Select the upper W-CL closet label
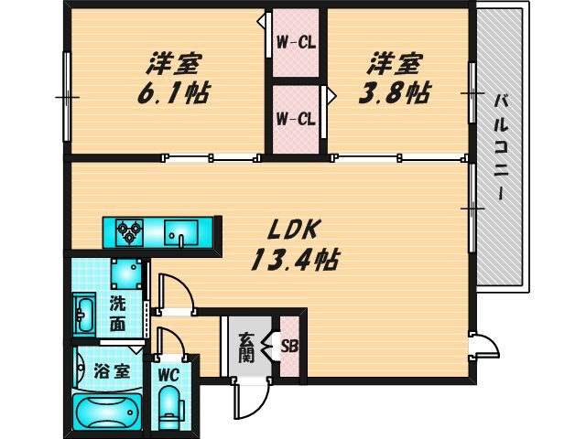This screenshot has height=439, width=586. tap(295, 42)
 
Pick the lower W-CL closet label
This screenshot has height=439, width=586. tap(295, 118)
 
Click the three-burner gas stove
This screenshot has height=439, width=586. tap(127, 232)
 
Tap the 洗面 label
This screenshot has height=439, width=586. tap(118, 315)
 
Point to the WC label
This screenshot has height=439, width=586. tap(167, 375)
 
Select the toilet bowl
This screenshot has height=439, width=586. tap(169, 407)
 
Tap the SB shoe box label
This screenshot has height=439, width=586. tap(289, 347)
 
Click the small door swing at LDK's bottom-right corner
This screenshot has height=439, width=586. tap(485, 345)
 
